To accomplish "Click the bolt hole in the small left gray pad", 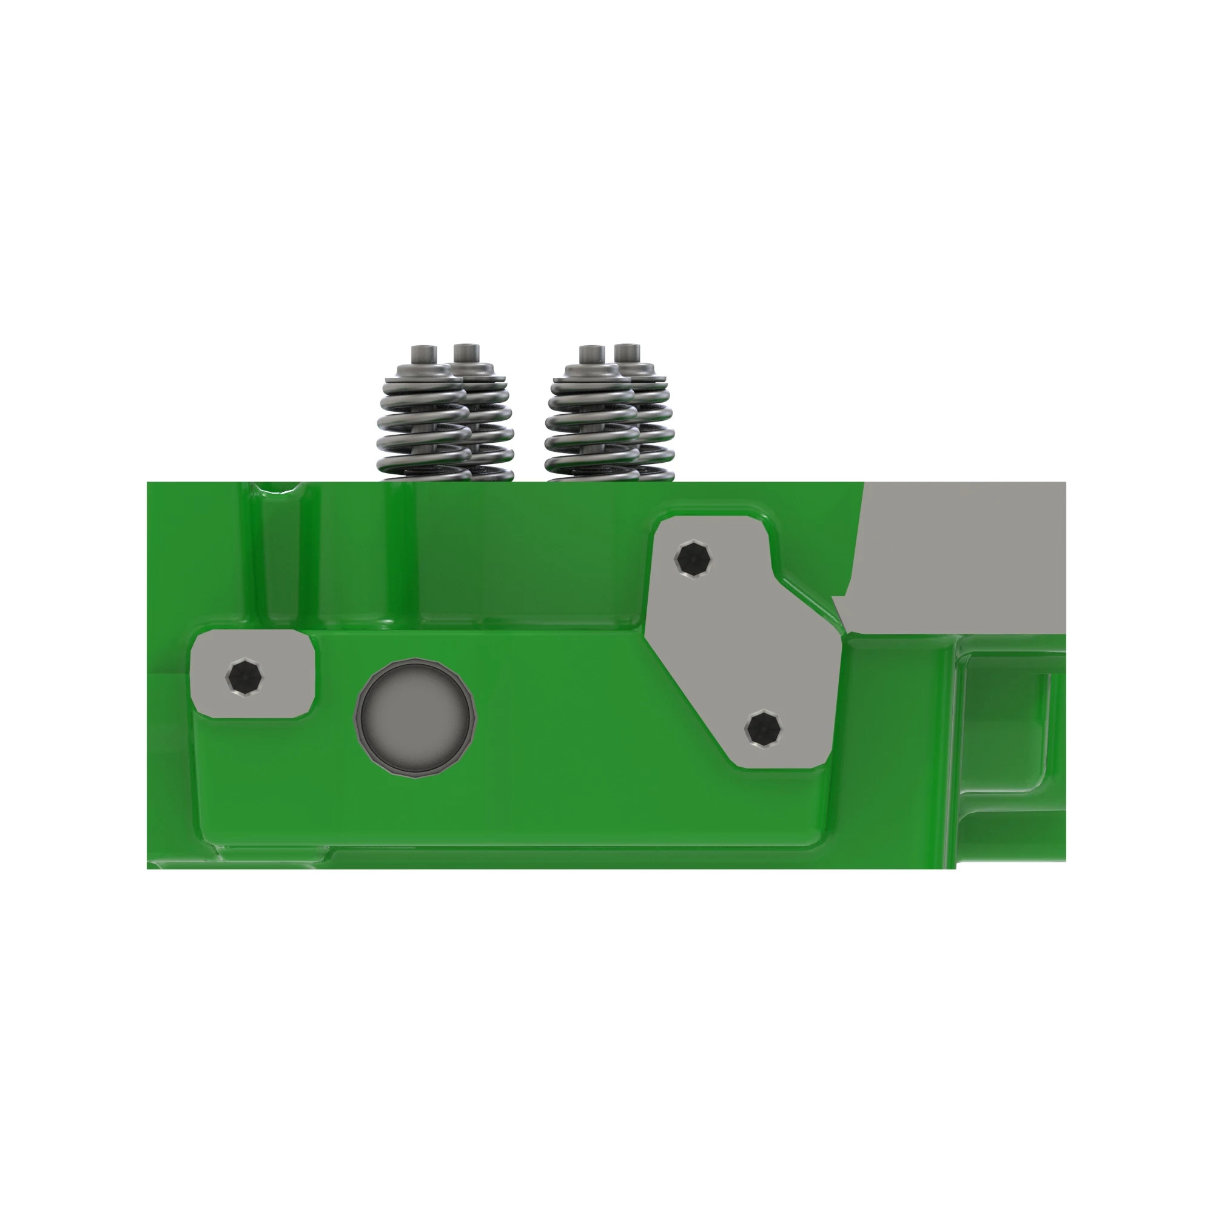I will pyautogui.click(x=244, y=677).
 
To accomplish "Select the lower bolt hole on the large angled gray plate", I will pyautogui.click(x=763, y=728).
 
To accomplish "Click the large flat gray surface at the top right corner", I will pyautogui.click(x=961, y=553).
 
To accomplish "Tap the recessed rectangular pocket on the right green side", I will pyautogui.click(x=1004, y=722).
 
